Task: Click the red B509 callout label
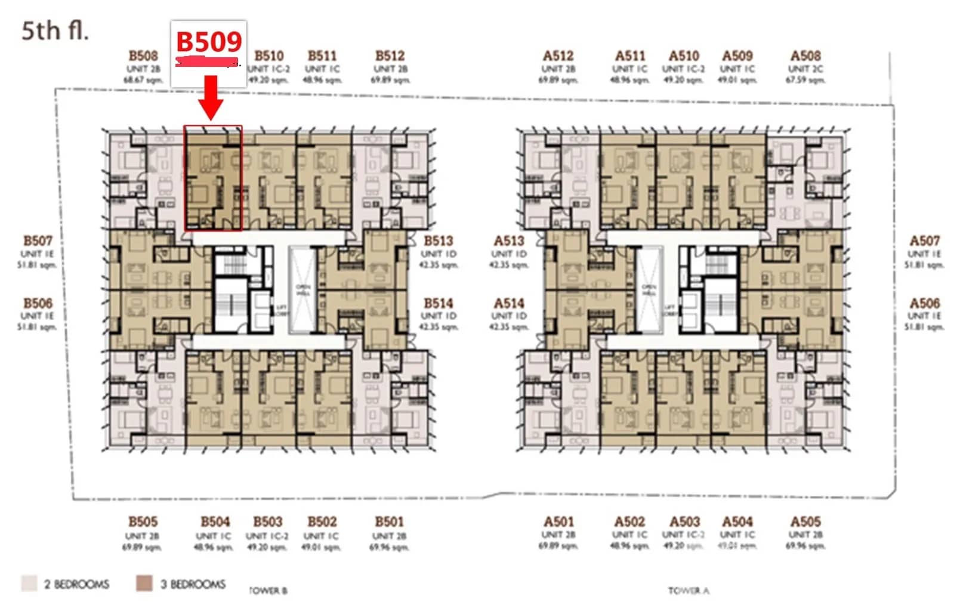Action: pyautogui.click(x=209, y=42)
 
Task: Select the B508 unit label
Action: pyautogui.click(x=143, y=56)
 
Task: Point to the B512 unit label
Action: pyautogui.click(x=390, y=56)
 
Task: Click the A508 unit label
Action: pyautogui.click(x=805, y=56)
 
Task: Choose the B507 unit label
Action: pyautogui.click(x=38, y=241)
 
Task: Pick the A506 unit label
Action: pyautogui.click(x=924, y=304)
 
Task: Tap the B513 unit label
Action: pyautogui.click(x=439, y=241)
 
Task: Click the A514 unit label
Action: pyautogui.click(x=509, y=304)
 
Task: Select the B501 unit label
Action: pyautogui.click(x=389, y=522)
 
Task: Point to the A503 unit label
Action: pyautogui.click(x=684, y=522)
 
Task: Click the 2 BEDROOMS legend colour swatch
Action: pyautogui.click(x=29, y=583)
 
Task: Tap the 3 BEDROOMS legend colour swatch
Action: pyautogui.click(x=144, y=583)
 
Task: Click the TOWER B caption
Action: pyautogui.click(x=268, y=591)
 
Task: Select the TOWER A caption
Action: pyautogui.click(x=689, y=591)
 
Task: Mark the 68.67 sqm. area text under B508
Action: pyautogui.click(x=143, y=79)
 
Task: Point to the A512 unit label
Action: pyautogui.click(x=558, y=56)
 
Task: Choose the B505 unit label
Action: pyautogui.click(x=143, y=522)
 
